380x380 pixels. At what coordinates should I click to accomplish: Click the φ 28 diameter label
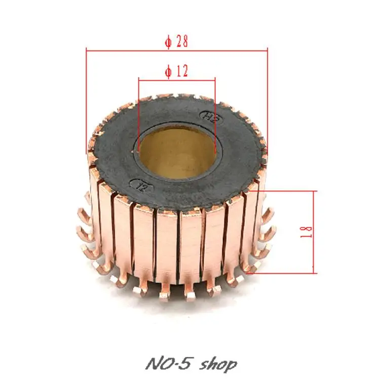176,42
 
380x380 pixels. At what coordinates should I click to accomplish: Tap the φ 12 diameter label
176,72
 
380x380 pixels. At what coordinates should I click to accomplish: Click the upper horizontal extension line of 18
289,191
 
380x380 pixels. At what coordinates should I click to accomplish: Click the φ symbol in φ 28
168,42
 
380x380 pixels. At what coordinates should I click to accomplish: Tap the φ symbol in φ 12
168,72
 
